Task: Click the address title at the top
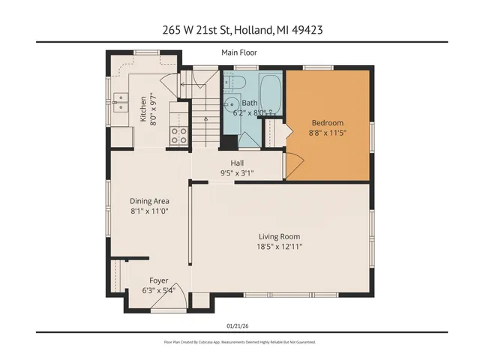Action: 239,30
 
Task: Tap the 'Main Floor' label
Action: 239,52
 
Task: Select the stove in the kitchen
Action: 180,136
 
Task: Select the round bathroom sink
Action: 231,104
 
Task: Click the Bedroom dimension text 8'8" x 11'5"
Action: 327,133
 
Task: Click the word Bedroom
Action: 327,123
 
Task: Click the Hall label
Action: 237,162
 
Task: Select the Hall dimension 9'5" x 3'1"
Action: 237,173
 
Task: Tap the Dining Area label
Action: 149,201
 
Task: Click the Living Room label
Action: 280,236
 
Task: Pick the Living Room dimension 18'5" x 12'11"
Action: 280,247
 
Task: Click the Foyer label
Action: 158,280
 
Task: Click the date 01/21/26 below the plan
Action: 239,325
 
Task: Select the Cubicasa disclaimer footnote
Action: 239,342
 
